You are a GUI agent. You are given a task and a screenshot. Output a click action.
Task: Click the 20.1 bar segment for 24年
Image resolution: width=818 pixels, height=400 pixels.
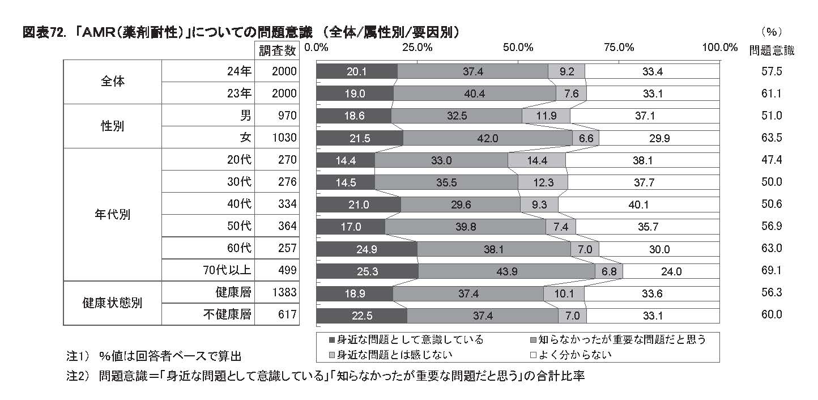[x=357, y=71]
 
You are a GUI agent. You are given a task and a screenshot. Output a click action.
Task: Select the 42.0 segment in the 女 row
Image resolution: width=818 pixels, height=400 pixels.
[x=487, y=138]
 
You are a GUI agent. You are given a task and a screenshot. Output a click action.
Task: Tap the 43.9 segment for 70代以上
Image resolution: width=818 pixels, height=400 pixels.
[x=506, y=271]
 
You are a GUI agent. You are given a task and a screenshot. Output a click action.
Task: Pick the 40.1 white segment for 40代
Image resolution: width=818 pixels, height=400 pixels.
[x=638, y=205]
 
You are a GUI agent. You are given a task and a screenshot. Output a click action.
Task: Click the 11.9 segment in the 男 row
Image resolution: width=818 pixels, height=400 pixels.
[x=546, y=116]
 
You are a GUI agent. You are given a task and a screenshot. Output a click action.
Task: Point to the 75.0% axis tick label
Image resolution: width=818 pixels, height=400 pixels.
[x=619, y=47]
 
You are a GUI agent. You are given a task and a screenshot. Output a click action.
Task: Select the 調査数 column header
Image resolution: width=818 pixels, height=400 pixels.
[x=277, y=50]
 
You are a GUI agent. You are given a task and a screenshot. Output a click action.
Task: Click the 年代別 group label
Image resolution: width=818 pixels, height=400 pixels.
[x=112, y=215]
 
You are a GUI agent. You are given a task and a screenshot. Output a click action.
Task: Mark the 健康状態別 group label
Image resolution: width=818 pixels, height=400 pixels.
[x=112, y=303]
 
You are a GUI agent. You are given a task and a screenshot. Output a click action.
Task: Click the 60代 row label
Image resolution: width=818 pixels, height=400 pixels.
[x=240, y=248]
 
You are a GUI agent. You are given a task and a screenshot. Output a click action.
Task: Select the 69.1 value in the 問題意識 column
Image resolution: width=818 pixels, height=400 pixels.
[x=772, y=271]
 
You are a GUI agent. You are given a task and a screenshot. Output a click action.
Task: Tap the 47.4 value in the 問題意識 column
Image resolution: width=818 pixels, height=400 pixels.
[x=772, y=160]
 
